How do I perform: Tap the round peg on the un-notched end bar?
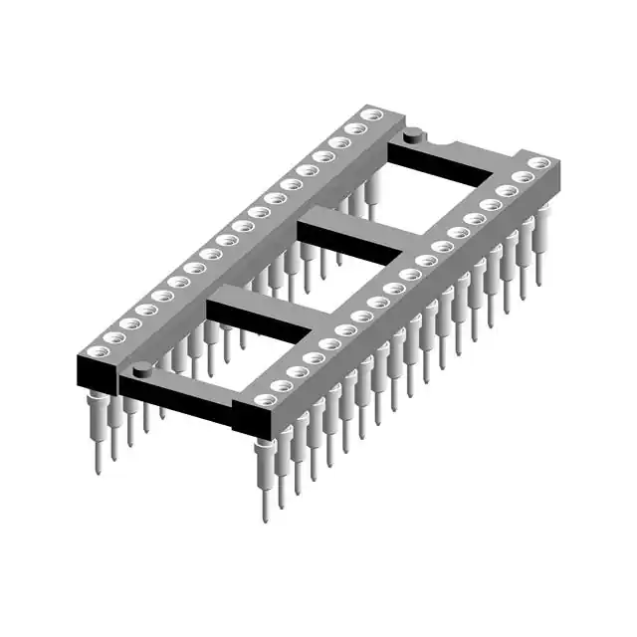coord(140,371)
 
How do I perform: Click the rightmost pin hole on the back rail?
coord(371,116)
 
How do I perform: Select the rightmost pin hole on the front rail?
coord(538,163)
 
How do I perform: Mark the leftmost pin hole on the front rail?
coord(263,400)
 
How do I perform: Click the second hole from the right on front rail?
coord(522,177)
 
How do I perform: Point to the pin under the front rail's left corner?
coord(265,478)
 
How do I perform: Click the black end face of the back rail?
coord(94,374)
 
